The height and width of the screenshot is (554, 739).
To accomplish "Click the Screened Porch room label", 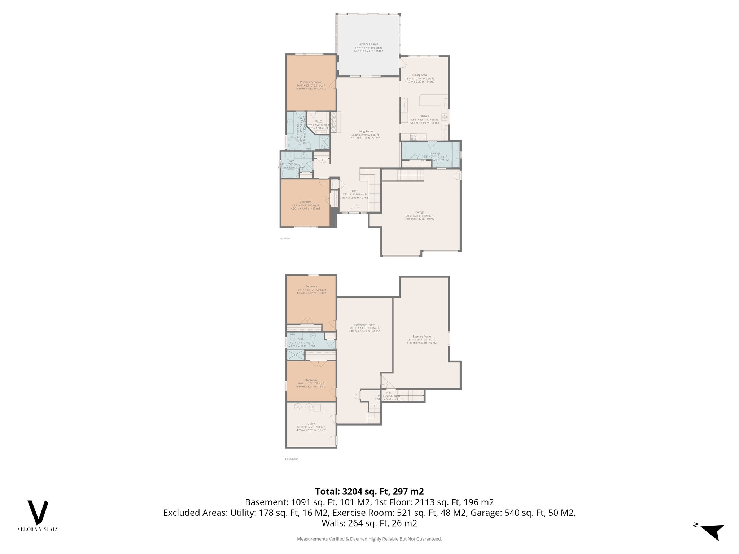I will coord(368,44).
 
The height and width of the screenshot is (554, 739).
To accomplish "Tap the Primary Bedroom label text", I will coord(311,82).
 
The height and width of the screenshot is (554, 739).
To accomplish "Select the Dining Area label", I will coord(419,75).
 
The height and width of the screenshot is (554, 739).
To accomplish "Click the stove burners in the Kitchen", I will coord(414,137).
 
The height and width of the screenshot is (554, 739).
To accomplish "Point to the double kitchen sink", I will coord(445,117).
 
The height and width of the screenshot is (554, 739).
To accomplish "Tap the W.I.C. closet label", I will coord(318,122).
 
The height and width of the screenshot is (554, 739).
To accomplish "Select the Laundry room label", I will coord(434,153).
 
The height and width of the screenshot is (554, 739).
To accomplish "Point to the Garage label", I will coord(419,212).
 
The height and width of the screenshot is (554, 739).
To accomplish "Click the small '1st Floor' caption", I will coord(285,238).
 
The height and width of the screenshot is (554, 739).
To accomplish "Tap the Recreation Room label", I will coord(364,325).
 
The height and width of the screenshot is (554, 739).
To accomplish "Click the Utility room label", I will coord(311,424).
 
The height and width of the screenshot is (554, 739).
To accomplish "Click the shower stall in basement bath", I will coord(295,355).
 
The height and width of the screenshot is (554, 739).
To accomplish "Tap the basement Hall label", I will coord(389,393).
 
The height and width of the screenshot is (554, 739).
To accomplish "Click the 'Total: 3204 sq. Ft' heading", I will coord(369,492).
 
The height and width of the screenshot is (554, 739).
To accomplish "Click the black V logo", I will coord(38,512).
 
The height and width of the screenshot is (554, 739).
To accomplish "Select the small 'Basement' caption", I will coord(291,459).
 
